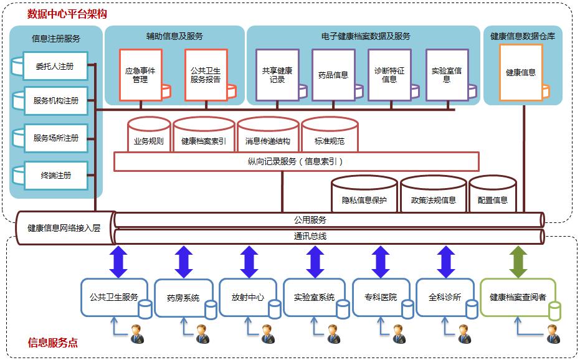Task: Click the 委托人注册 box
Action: [55, 66]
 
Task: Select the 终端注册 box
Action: [55, 175]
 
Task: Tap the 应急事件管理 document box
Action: [140, 75]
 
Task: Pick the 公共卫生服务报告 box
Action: [205, 75]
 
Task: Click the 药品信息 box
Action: [333, 75]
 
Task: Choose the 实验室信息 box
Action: [446, 75]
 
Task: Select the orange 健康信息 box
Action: [520, 73]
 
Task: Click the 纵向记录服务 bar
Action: [296, 161]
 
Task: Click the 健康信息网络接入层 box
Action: [64, 227]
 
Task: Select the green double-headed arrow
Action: [518, 262]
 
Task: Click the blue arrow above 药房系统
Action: [184, 262]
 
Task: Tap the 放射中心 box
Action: [243, 297]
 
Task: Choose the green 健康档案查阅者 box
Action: [518, 297]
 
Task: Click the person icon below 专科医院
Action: [397, 334]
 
